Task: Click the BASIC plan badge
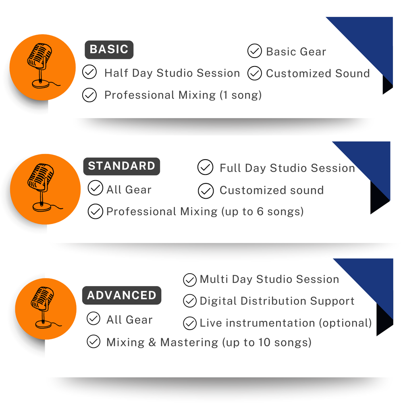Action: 109,50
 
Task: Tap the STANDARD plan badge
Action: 122,166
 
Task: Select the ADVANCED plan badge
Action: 122,295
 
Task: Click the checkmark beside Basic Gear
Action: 254,51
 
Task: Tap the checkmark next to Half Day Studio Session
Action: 89,72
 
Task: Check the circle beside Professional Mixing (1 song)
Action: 89,95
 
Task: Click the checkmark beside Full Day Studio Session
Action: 206,167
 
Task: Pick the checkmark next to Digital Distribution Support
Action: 190,301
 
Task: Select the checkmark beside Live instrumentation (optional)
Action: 190,323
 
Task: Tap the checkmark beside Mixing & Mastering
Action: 93,341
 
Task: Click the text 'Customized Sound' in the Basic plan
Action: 318,73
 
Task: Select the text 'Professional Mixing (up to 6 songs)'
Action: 205,212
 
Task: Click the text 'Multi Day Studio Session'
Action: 269,279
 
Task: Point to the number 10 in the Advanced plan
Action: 264,342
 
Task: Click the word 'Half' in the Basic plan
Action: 116,73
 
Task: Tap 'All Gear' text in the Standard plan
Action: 129,190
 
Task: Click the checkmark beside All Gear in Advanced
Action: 93,318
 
